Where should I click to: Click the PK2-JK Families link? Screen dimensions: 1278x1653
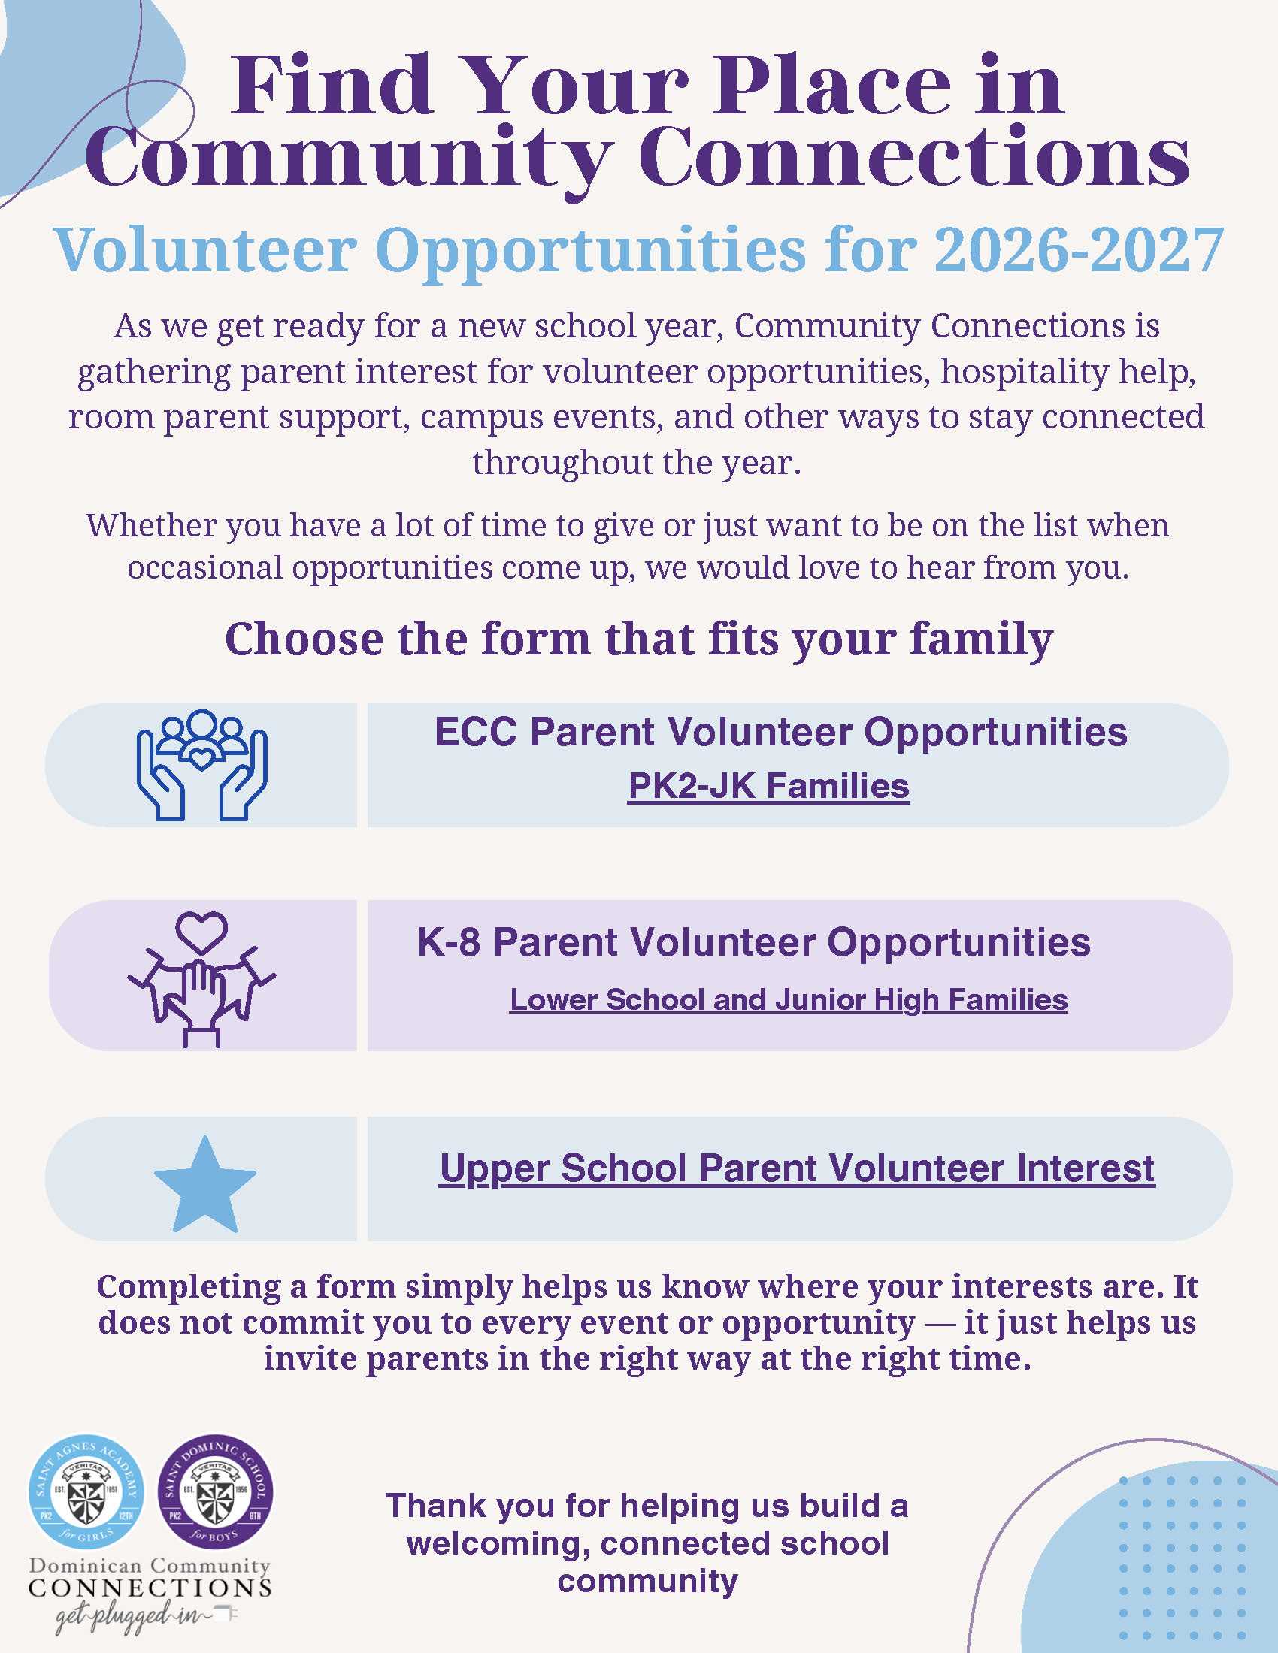(768, 787)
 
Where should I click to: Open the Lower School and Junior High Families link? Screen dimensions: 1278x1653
(789, 1000)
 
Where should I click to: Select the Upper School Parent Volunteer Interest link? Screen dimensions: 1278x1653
(797, 1168)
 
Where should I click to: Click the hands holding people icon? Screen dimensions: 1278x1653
(201, 764)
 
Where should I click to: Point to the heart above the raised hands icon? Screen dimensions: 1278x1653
(201, 933)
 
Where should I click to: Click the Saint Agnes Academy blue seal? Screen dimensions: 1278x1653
(86, 1491)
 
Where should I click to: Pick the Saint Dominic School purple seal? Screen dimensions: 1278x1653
(215, 1491)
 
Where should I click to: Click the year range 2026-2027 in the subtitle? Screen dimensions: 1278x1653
(1079, 249)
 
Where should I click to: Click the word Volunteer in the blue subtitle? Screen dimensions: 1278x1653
(205, 249)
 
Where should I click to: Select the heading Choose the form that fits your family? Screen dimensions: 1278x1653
(639, 639)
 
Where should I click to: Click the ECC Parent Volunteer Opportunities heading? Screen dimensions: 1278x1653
(780, 732)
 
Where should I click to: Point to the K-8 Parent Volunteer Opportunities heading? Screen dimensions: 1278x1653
(754, 942)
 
